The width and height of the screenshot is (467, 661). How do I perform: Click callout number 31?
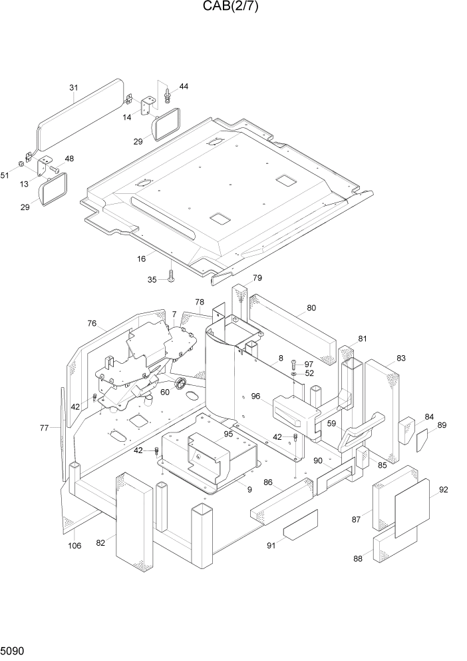click(74, 88)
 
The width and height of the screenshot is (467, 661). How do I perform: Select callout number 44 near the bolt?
click(184, 87)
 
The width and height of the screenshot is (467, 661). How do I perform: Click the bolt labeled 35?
click(170, 276)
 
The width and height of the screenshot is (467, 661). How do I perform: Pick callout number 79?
click(257, 278)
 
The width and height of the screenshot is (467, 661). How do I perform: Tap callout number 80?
click(311, 308)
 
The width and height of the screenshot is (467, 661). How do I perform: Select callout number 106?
click(75, 546)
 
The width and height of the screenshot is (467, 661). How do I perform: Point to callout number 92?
click(444, 490)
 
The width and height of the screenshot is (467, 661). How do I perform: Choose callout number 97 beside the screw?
click(309, 364)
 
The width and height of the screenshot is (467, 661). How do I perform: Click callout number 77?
click(44, 428)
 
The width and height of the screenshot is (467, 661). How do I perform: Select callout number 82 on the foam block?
click(100, 543)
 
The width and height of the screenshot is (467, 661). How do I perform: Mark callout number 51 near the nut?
click(5, 175)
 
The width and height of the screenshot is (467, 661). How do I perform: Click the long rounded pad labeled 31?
click(80, 117)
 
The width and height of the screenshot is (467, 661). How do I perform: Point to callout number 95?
click(228, 434)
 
